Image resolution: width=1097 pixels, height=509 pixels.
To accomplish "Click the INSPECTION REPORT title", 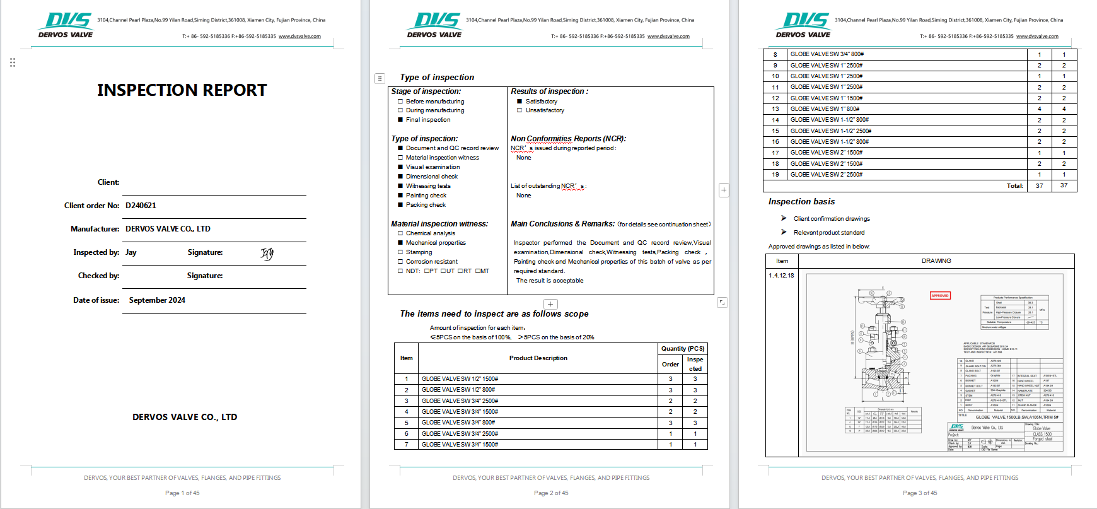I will [x=182, y=90].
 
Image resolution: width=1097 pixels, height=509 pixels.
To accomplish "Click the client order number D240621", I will [x=141, y=206].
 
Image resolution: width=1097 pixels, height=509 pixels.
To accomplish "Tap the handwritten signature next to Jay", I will [x=267, y=254].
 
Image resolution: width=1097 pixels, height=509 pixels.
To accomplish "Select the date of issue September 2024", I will [x=157, y=300].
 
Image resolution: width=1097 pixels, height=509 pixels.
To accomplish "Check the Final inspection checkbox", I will [x=400, y=120].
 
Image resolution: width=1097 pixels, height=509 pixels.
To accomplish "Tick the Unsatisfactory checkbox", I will [x=519, y=110].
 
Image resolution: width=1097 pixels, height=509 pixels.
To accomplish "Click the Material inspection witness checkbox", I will [x=400, y=158].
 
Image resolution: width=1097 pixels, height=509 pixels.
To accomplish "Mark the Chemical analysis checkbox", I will [x=400, y=233].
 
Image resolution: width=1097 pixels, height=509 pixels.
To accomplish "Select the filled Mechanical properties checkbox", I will [x=400, y=243].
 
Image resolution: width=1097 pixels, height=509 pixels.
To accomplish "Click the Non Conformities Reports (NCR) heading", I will [x=568, y=139].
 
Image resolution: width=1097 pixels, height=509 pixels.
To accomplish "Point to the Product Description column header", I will [x=538, y=358].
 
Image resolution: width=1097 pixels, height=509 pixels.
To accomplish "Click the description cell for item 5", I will [x=458, y=423].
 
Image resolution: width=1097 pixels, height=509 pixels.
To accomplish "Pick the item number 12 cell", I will [x=775, y=98].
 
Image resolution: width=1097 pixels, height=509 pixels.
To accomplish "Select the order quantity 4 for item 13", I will [x=1039, y=109].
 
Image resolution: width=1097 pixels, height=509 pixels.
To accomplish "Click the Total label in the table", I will [x=1014, y=186].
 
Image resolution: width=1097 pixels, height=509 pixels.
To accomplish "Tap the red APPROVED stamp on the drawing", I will [x=940, y=295].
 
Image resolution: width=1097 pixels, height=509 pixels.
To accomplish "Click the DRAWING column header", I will [x=936, y=261].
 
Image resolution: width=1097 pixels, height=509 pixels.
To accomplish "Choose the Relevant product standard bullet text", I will [x=829, y=233].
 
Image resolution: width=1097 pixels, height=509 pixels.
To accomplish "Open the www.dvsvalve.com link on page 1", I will [x=299, y=37].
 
